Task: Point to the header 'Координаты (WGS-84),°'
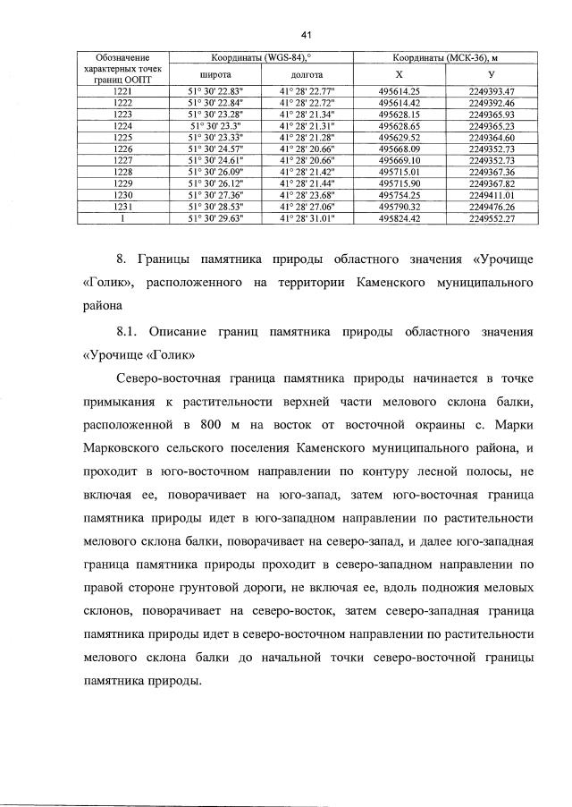[259, 57]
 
